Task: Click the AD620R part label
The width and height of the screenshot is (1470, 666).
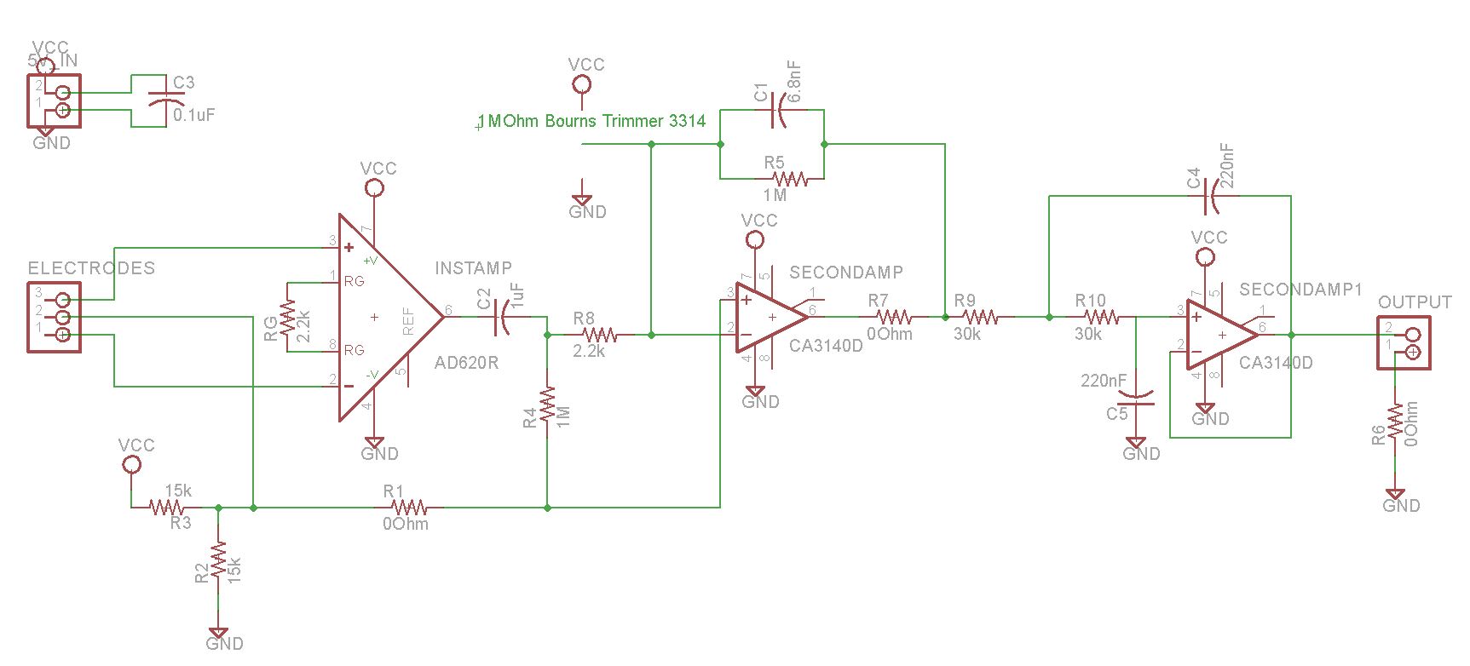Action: (x=466, y=363)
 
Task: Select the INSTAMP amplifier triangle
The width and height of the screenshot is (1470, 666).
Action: (x=383, y=317)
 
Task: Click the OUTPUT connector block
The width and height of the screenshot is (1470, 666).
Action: (x=1404, y=342)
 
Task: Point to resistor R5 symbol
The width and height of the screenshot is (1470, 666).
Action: (x=790, y=179)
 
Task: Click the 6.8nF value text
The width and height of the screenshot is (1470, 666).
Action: (x=795, y=82)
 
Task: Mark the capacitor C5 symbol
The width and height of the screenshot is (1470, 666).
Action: (x=1136, y=397)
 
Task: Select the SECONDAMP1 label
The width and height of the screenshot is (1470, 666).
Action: (x=1300, y=290)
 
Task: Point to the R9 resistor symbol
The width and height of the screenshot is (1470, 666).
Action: (x=980, y=317)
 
